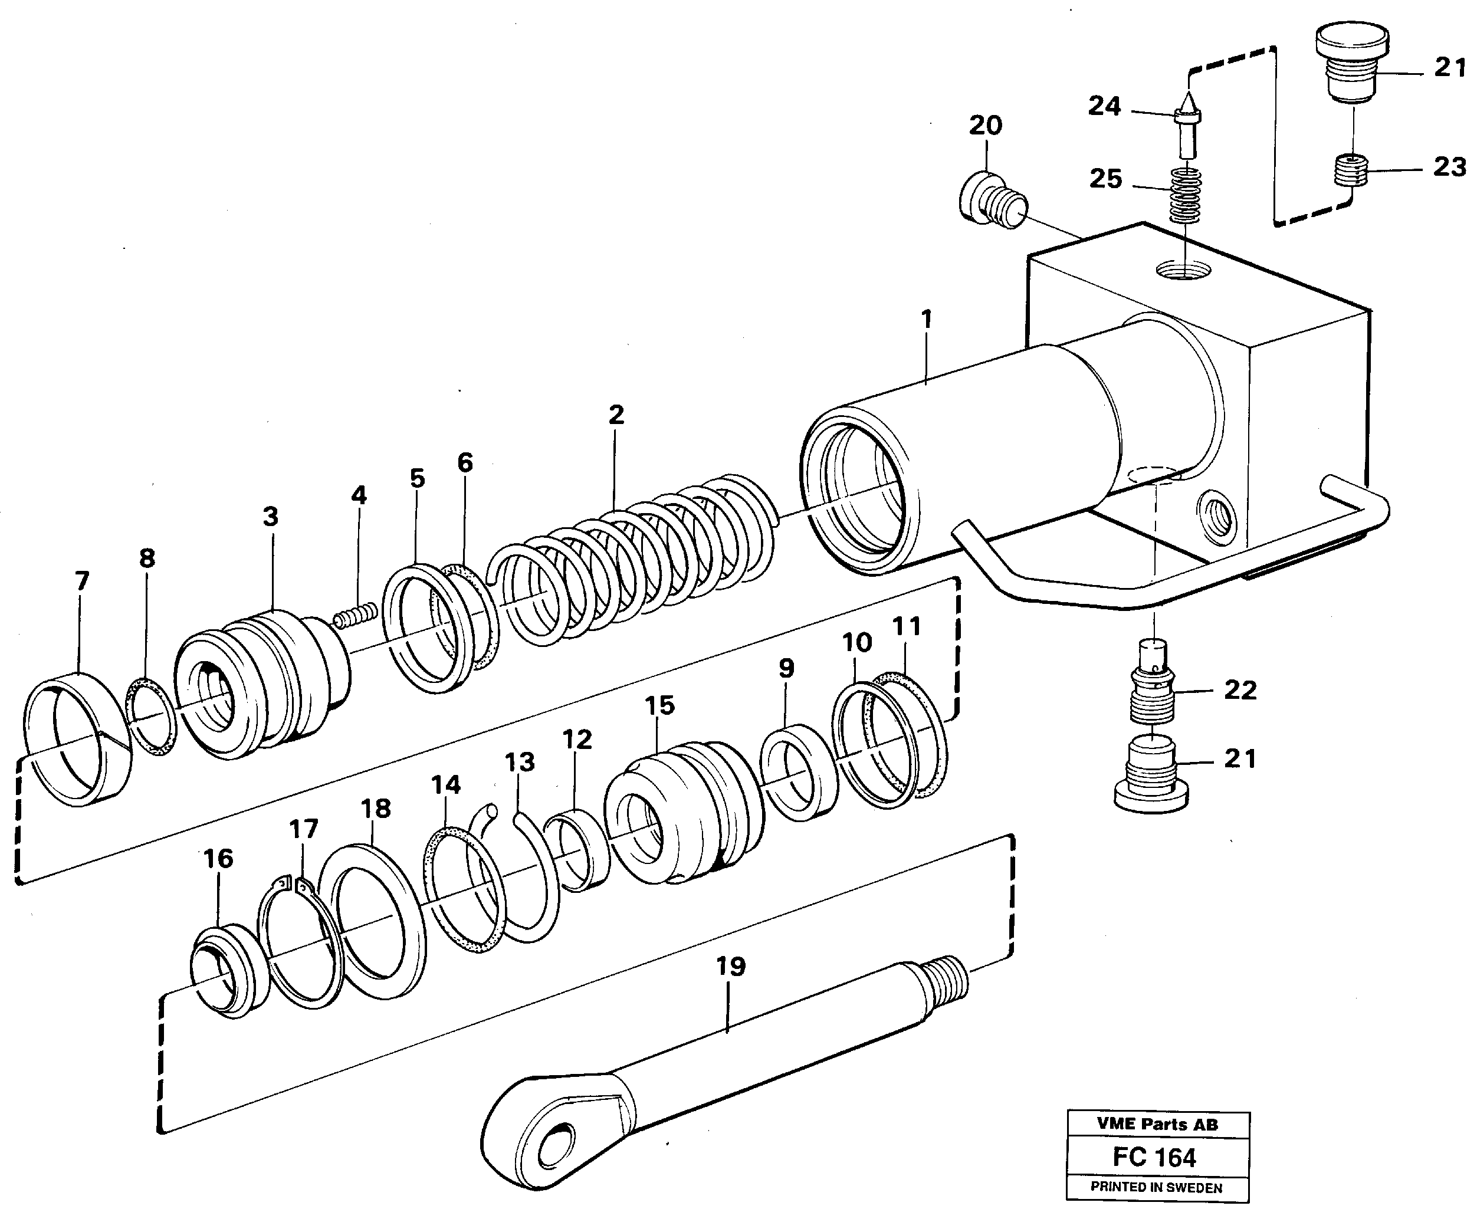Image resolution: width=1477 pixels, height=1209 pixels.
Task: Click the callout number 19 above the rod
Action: [730, 967]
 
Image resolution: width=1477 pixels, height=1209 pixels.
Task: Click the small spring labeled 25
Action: [1185, 196]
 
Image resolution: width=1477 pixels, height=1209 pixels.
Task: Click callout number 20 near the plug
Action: [986, 126]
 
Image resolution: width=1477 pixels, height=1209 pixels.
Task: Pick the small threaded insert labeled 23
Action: [1351, 170]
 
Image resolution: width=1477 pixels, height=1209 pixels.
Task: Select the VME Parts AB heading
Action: [1157, 1124]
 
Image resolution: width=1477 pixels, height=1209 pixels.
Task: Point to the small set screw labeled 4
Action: [356, 615]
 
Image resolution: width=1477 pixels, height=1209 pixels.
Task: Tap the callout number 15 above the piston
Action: [659, 705]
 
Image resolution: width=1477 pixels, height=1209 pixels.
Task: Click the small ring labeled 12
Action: [576, 850]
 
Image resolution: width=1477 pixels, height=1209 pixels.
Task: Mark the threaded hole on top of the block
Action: [1183, 270]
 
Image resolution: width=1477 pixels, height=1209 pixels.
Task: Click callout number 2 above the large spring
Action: [616, 415]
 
